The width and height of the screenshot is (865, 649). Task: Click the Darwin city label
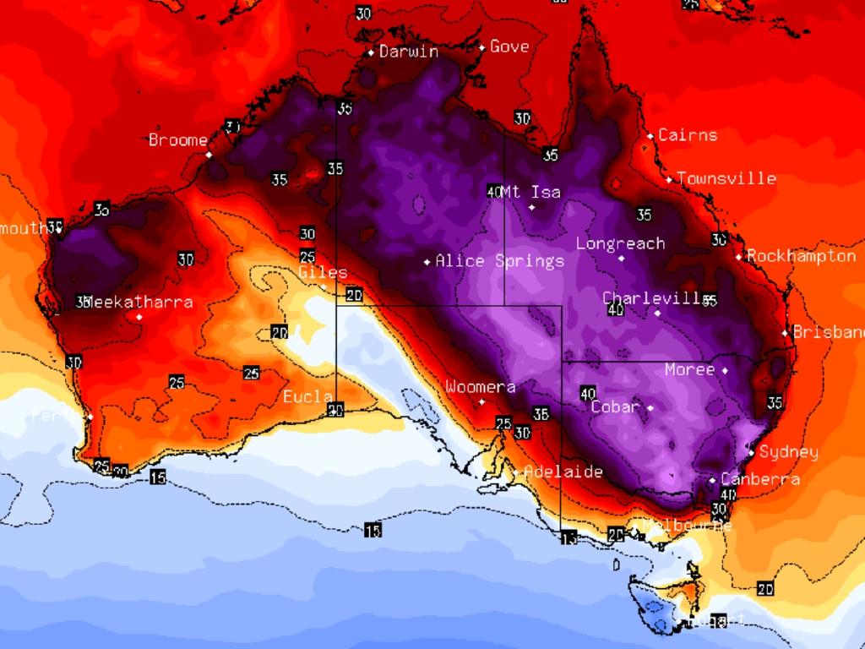[409, 52]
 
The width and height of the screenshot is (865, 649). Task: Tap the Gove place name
[509, 46]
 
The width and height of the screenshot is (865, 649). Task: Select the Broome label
[178, 140]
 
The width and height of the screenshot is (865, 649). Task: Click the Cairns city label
[688, 135]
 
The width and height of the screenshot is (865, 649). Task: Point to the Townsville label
[726, 178]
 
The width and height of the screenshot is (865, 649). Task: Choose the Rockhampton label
[801, 256]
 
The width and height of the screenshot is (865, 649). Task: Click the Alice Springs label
[499, 261]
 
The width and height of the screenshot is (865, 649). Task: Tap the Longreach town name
[620, 243]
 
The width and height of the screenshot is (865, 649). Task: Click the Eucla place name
[307, 396]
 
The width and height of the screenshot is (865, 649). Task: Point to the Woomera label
[480, 387]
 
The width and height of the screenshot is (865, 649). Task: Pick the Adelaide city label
[563, 472]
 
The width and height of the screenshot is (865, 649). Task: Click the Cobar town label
[615, 406]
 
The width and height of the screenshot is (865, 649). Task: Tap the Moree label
[689, 369]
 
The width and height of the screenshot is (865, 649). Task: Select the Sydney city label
[788, 452]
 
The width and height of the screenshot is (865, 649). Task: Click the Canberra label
[760, 479]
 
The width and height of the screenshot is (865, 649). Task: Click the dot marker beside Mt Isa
[532, 207]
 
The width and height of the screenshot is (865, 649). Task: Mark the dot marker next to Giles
[323, 287]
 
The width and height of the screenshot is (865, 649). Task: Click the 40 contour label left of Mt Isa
[495, 191]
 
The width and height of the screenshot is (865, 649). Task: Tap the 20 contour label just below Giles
[354, 295]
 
